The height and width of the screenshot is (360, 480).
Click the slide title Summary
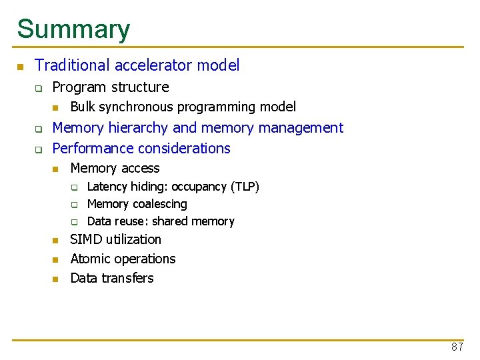click(73, 29)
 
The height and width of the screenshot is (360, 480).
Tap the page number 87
click(457, 347)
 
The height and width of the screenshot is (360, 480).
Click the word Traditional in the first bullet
click(73, 65)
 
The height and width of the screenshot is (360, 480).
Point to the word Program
click(78, 87)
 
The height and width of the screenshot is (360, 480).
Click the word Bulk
click(83, 107)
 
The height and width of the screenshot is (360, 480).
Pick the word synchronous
click(139, 107)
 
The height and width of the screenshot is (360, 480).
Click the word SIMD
click(85, 239)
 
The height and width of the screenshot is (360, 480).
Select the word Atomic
click(91, 259)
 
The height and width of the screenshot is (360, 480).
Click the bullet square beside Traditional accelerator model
click(21, 67)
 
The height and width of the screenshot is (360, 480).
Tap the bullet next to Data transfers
click(56, 279)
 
